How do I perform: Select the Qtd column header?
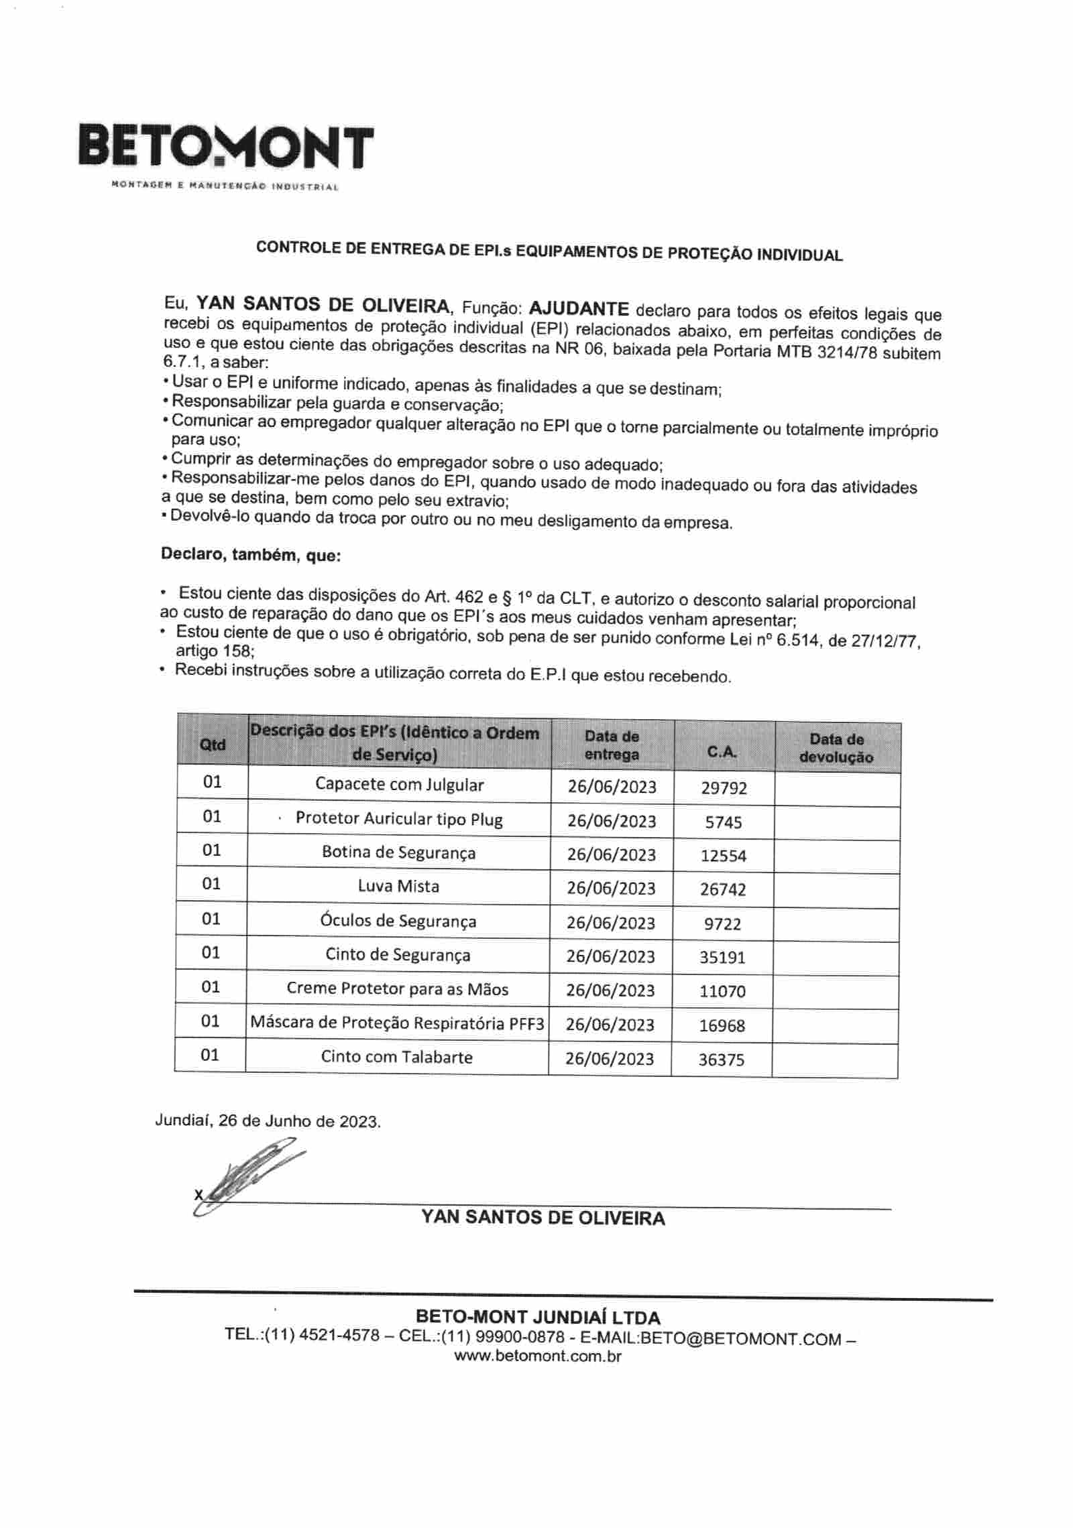[x=213, y=744]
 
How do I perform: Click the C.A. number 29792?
[x=724, y=787]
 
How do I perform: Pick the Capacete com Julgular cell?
[x=399, y=785]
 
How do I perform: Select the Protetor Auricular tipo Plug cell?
[x=399, y=819]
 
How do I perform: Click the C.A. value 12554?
[x=723, y=856]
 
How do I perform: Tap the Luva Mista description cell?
[x=398, y=886]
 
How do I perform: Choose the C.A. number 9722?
[x=722, y=924]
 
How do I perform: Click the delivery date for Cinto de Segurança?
[x=610, y=956]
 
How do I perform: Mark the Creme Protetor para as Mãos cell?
[x=397, y=989]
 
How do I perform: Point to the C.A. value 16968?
[x=722, y=1025]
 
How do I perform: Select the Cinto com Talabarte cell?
[x=396, y=1057]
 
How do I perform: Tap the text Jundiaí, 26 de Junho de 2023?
[x=268, y=1121]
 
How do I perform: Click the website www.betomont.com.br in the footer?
[x=538, y=1356]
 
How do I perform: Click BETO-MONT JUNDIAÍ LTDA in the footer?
[x=538, y=1317]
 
